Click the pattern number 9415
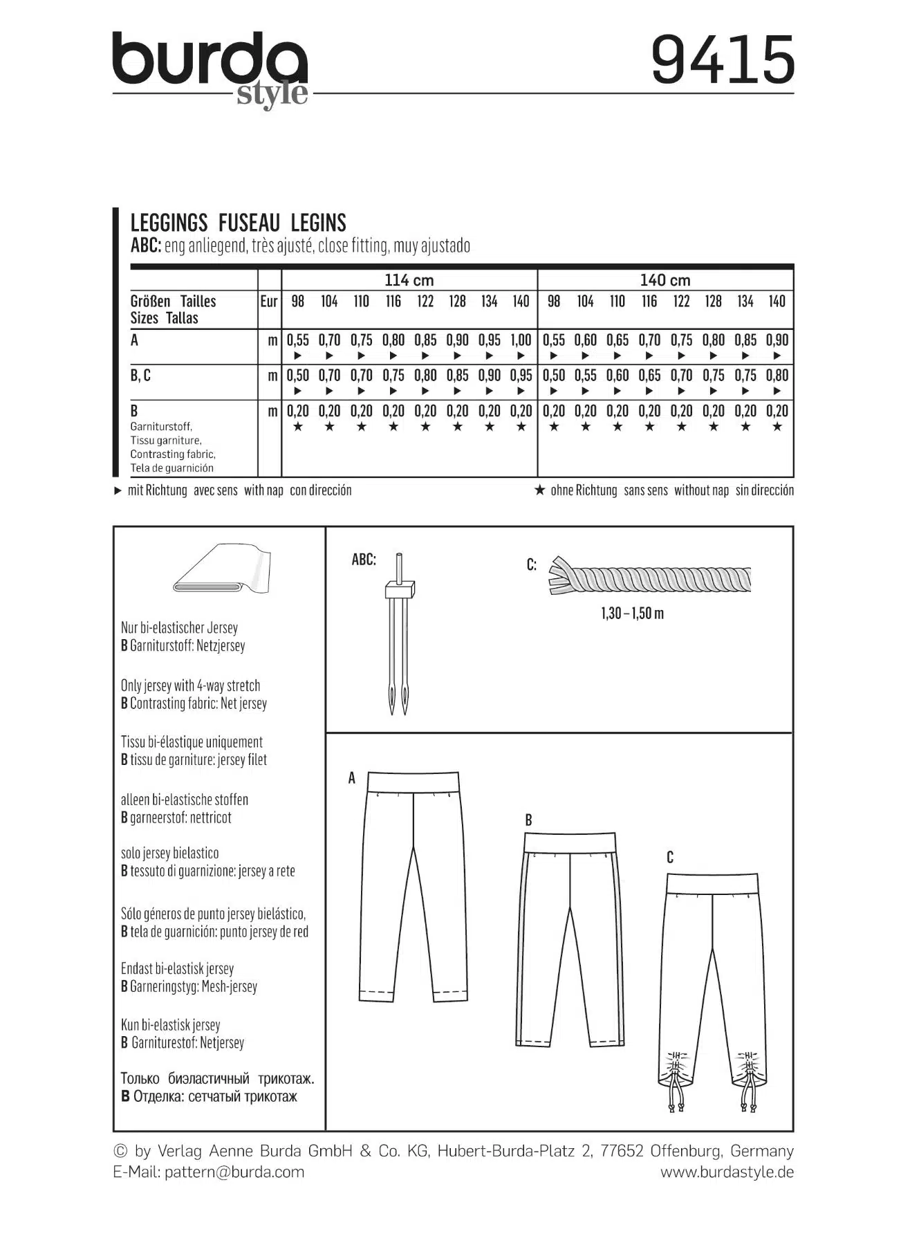[x=723, y=61]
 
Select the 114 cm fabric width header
[x=409, y=280]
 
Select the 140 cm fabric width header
[x=665, y=280]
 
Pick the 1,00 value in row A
[x=521, y=340]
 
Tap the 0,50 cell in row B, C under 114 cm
[x=297, y=376]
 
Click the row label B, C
[x=140, y=376]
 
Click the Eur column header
[x=269, y=302]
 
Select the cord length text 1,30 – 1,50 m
[x=632, y=614]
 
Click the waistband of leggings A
[x=413, y=782]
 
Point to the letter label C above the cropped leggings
[x=669, y=858]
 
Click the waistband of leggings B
[x=570, y=842]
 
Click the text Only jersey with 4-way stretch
[x=190, y=685]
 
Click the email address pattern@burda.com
[x=234, y=1172]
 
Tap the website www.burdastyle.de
[x=727, y=1172]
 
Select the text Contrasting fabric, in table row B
[x=173, y=454]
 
